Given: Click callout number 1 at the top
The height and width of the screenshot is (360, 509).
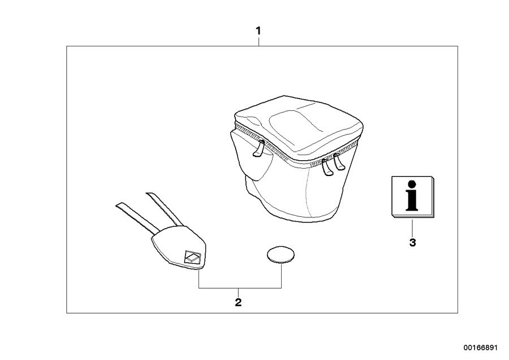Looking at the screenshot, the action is coord(258,31).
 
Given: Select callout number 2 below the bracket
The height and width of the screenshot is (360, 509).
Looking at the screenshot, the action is coord(238,302).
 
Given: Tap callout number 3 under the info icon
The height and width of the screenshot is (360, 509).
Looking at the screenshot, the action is coord(413,242).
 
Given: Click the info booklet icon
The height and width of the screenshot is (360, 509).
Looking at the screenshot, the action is coord(413,197).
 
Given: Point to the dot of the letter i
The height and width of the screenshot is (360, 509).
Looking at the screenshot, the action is coord(412,184).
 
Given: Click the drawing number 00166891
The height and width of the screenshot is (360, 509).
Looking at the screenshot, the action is coord(480,348).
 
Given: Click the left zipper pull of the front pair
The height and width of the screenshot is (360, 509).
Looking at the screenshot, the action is coord(327,166).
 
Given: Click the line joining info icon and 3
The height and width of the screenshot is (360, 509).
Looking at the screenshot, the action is coord(412,228).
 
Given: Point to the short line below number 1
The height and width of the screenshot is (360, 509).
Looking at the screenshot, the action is coord(258,41).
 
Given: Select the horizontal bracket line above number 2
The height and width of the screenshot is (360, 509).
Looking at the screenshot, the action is coord(240,288).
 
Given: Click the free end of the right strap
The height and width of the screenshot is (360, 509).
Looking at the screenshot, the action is coord(150,194).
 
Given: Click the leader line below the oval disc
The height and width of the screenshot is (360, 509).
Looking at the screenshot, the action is coord(281,276).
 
